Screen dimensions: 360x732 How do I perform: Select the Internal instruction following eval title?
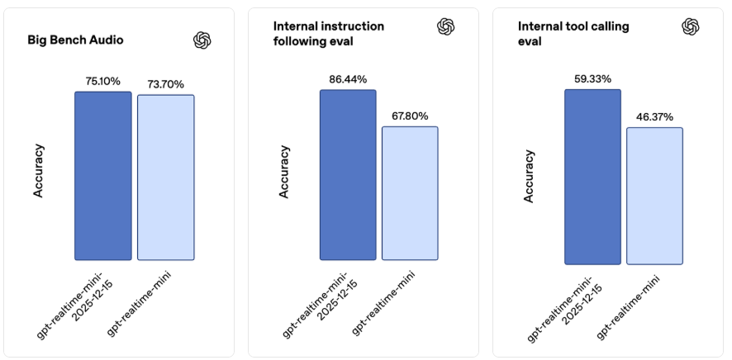click(328, 33)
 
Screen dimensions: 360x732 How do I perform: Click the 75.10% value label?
click(103, 81)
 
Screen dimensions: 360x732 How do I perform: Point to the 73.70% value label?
click(165, 84)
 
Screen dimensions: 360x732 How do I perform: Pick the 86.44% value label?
click(348, 79)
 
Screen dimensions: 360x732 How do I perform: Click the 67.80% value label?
click(410, 116)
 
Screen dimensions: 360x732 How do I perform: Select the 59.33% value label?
click(592, 78)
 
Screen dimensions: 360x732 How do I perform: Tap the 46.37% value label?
click(654, 117)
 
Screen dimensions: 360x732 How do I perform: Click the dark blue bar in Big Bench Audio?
click(103, 176)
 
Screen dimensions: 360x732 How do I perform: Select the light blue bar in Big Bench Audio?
click(165, 178)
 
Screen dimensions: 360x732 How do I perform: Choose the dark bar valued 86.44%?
click(348, 174)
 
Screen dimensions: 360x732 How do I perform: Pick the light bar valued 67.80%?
click(410, 193)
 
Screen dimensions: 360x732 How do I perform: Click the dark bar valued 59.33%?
click(592, 177)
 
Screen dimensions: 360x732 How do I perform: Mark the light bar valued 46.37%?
click(654, 196)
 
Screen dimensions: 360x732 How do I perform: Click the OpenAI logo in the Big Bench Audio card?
click(202, 40)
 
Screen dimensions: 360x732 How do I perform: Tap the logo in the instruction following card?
click(446, 26)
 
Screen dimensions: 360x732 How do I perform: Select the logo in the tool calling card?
click(691, 26)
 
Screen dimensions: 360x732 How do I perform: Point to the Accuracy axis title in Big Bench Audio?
click(39, 171)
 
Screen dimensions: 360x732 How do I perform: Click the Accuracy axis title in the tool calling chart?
click(529, 176)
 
